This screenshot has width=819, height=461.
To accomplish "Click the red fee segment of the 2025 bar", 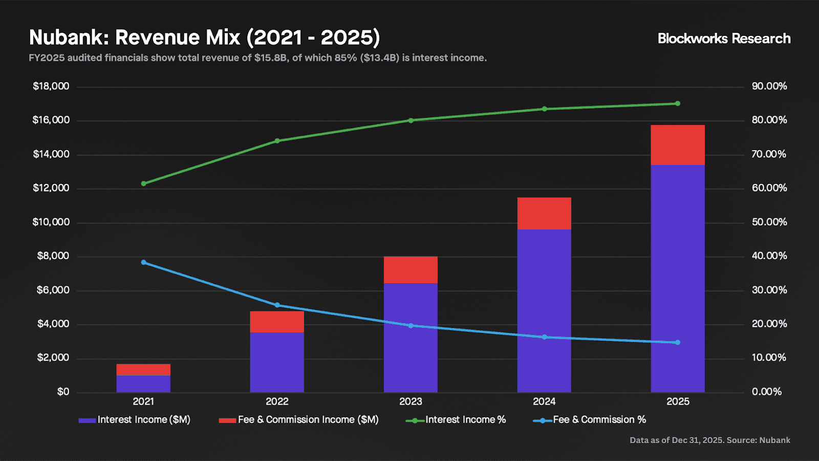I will [678, 145].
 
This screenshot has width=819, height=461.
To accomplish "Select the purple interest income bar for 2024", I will [544, 310].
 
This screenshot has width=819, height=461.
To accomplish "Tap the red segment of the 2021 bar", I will [143, 369].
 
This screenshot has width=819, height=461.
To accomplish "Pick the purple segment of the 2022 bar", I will [277, 362].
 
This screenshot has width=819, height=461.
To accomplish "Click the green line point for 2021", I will [143, 183].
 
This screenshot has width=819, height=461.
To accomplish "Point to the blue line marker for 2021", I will [143, 262].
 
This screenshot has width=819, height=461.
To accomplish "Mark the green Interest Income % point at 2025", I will [678, 103].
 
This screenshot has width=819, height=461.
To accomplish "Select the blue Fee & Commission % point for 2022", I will [277, 305].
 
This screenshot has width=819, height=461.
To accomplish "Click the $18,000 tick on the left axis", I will [51, 86].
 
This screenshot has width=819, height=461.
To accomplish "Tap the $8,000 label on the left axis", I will [53, 256].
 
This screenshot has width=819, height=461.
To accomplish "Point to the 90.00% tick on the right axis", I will [769, 86].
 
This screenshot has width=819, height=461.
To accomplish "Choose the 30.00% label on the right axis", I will [769, 290].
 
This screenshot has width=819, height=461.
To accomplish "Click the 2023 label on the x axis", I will [411, 402].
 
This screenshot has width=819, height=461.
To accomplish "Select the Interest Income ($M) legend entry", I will [135, 420].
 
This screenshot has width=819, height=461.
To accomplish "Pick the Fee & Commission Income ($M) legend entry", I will [299, 420].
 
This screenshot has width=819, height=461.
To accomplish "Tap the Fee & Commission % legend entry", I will [590, 420].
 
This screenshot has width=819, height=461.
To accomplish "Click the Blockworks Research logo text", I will [724, 38].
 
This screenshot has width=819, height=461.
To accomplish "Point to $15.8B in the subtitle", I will [271, 58].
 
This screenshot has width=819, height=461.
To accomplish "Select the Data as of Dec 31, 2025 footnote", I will [709, 440].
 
